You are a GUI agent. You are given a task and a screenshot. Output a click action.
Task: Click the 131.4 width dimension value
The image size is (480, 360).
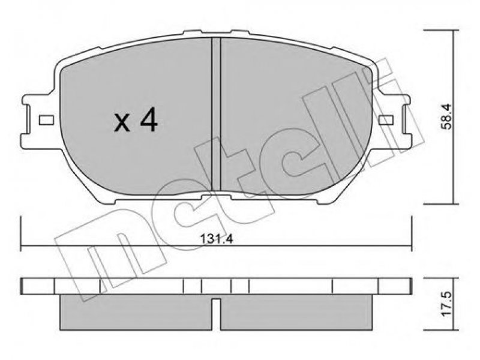217,239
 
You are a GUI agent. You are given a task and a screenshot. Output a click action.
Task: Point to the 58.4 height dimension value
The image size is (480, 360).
446,116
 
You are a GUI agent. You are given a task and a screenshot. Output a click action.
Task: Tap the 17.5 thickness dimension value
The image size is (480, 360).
446,305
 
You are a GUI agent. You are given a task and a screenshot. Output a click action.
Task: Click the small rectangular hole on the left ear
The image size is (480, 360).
46,120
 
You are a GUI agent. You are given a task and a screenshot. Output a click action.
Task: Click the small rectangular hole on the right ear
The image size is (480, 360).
386,120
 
